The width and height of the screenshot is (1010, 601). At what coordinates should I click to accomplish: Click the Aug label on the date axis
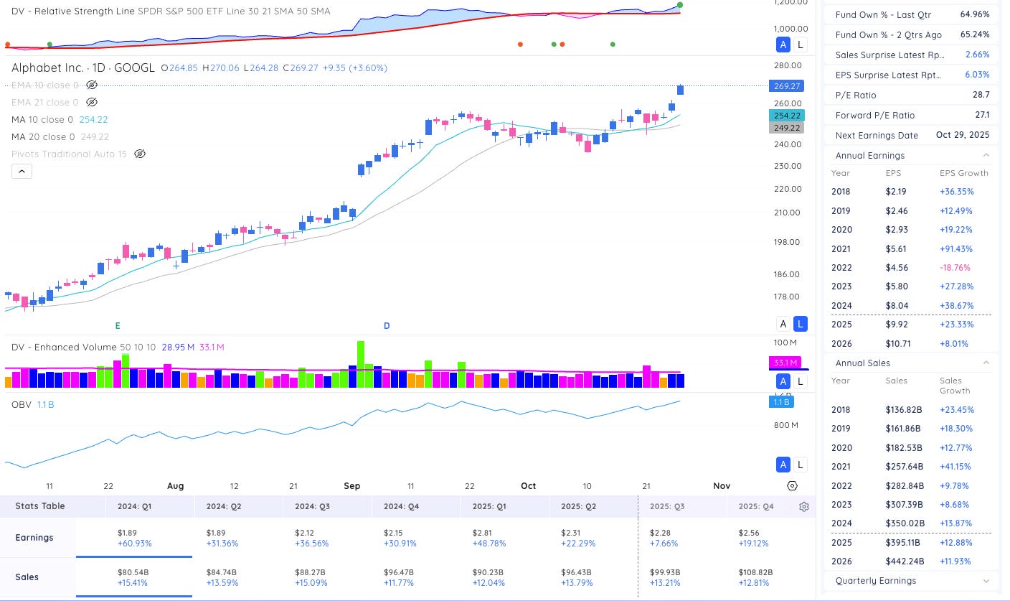(x=176, y=486)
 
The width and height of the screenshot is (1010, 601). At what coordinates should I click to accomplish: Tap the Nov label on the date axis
(x=721, y=486)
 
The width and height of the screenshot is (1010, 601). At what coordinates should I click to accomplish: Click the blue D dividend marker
(x=387, y=326)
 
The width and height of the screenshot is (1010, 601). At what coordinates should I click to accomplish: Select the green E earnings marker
(x=117, y=326)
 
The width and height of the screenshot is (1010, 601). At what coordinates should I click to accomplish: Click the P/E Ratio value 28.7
(x=980, y=95)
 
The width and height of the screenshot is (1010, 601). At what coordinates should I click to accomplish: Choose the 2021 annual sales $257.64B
(x=905, y=467)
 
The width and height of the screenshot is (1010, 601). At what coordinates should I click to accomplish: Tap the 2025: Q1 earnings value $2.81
(x=483, y=533)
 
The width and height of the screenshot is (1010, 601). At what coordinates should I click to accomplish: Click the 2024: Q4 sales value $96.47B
(x=400, y=572)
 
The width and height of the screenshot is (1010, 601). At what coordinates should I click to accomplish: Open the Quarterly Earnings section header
(x=876, y=581)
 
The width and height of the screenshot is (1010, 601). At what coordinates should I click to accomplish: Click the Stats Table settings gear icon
(x=804, y=506)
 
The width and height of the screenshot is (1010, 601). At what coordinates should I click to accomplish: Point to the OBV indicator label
(x=21, y=405)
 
